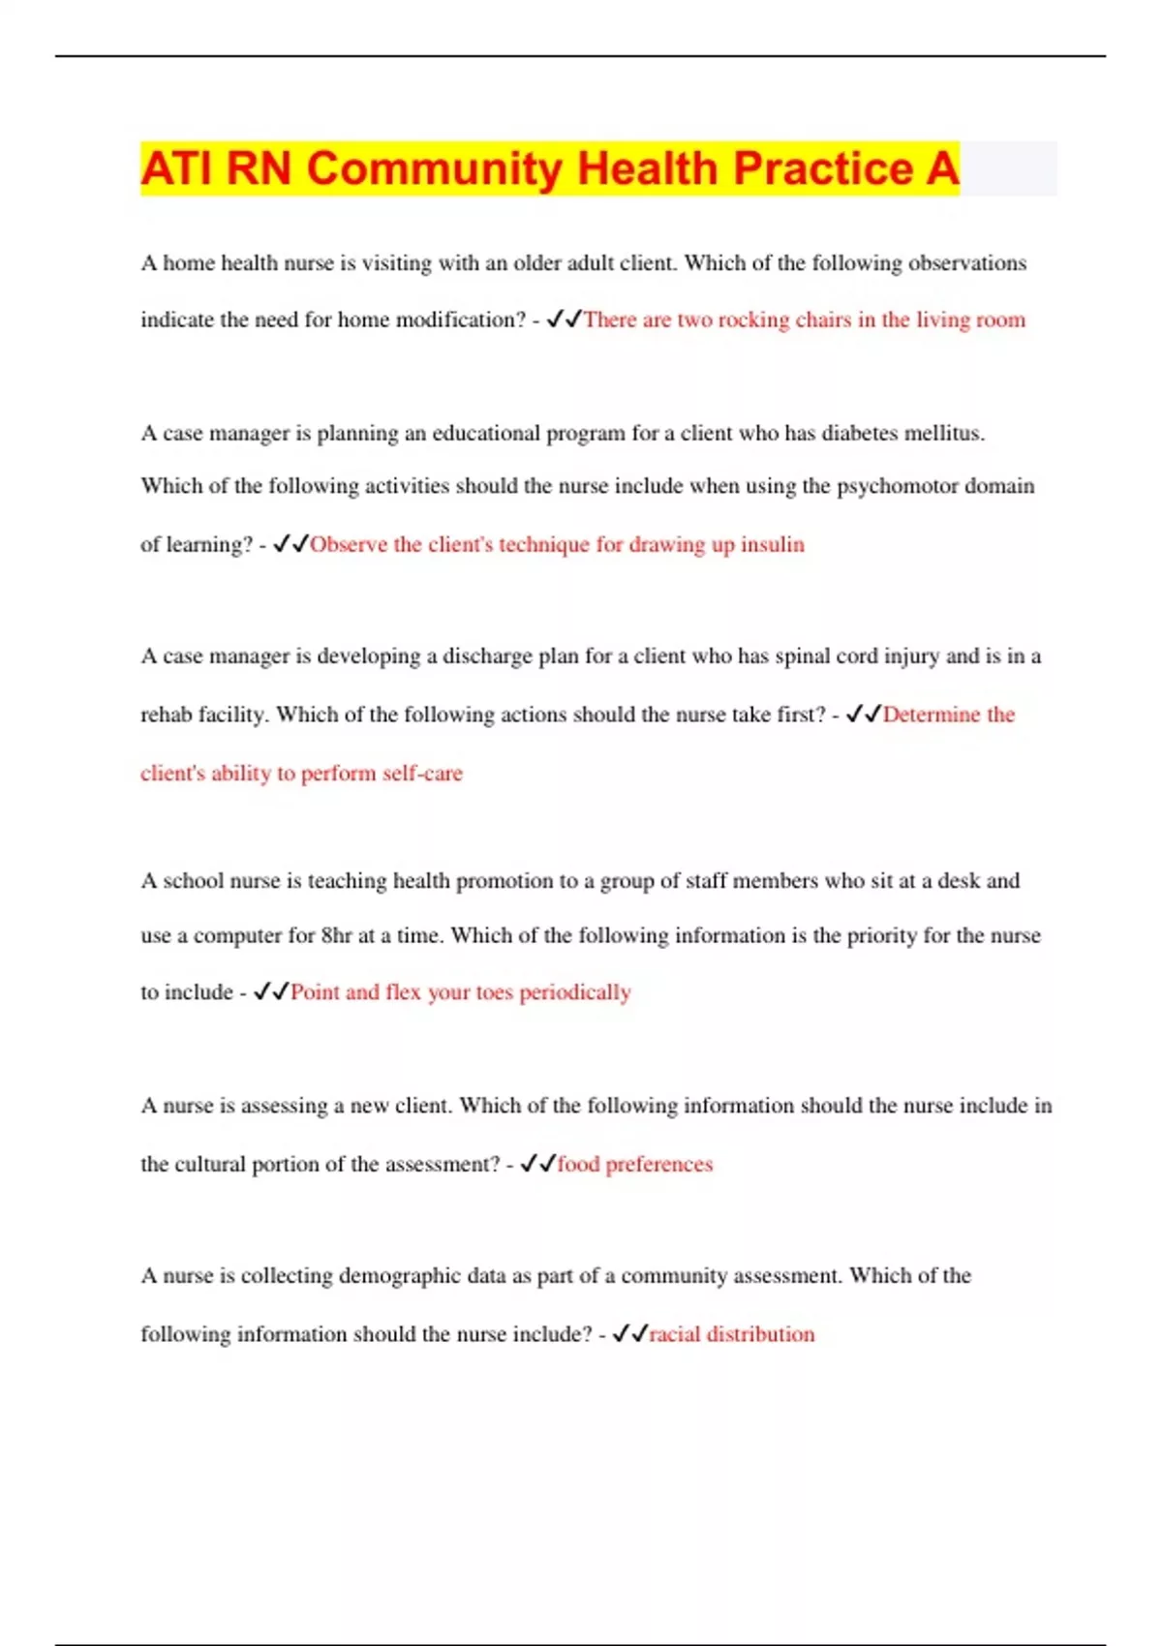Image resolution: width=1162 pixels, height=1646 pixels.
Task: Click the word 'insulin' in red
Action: click(772, 544)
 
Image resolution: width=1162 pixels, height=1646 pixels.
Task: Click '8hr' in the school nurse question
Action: click(336, 935)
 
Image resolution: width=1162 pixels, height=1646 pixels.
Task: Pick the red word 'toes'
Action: click(494, 992)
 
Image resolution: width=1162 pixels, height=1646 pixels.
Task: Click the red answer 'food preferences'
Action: click(634, 1164)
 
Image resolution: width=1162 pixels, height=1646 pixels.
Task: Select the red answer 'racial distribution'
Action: click(731, 1334)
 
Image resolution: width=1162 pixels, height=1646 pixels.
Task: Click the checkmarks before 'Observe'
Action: click(290, 544)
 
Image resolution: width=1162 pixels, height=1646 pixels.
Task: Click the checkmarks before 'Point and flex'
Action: click(270, 992)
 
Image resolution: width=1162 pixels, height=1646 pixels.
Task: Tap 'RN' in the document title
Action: click(259, 168)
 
